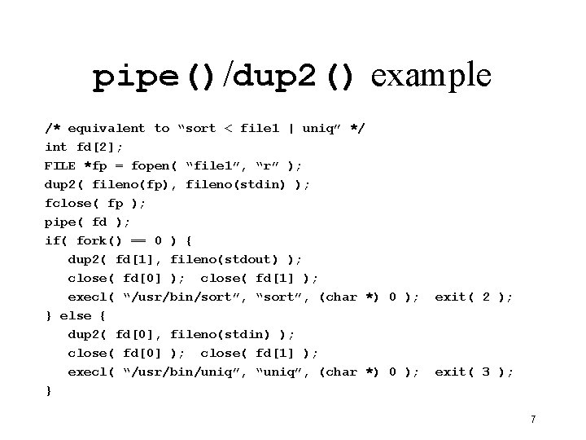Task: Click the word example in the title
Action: click(431, 76)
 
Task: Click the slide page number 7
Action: click(532, 420)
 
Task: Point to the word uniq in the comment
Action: click(321, 128)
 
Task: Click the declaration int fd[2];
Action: click(84, 147)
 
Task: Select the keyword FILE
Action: click(60, 165)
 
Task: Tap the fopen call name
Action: click(150, 165)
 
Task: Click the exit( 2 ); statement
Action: click(474, 297)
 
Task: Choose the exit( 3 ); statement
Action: click(474, 372)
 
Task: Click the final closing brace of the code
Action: click(49, 390)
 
